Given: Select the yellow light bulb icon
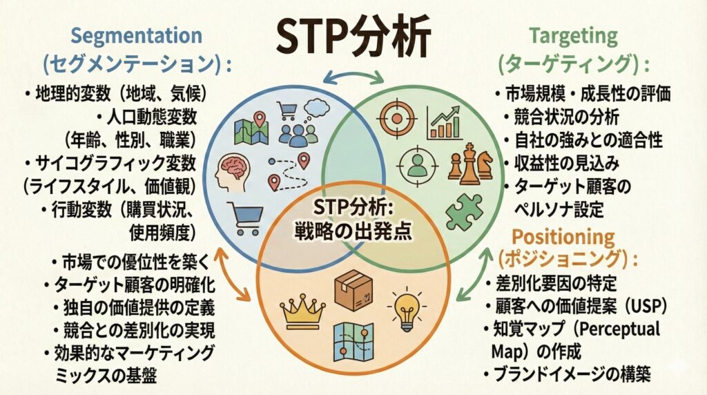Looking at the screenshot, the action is click(407, 309).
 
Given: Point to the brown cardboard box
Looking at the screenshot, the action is click(354, 291).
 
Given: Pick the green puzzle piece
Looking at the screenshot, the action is click(464, 212).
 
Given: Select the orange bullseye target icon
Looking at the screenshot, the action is click(396, 119).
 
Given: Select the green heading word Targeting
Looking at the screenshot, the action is click(573, 36).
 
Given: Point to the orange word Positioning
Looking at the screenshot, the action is click(563, 237).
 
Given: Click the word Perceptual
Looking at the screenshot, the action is click(619, 329).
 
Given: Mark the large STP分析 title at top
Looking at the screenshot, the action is click(353, 37).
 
